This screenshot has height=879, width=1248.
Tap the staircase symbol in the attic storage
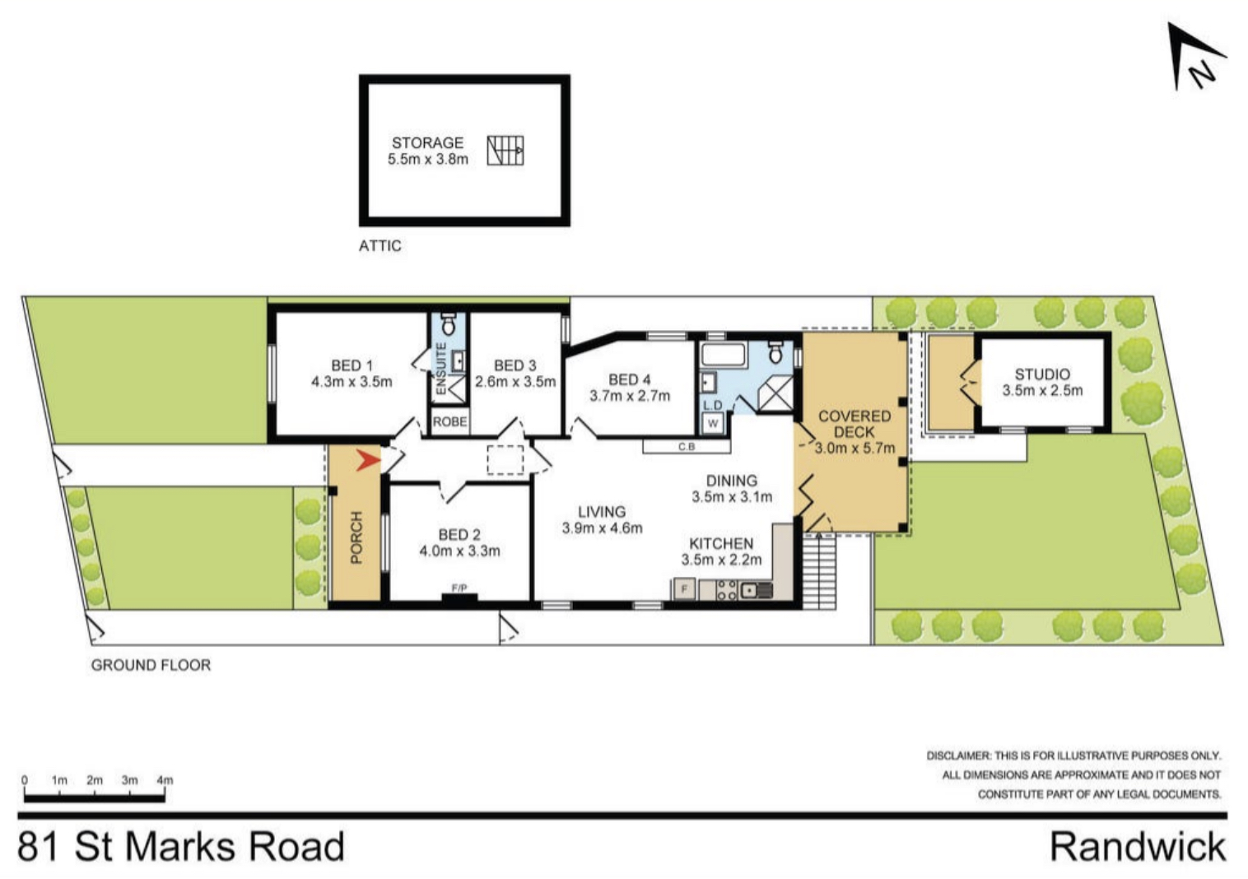click(x=505, y=151)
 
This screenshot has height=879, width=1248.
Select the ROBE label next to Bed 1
click(x=449, y=421)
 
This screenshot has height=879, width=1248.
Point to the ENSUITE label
click(x=440, y=369)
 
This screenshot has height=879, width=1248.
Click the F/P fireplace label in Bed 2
click(x=459, y=588)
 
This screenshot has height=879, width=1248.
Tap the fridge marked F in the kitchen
click(x=685, y=588)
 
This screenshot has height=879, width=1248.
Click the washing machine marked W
click(x=713, y=423)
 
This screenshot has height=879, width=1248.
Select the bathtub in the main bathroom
click(x=724, y=355)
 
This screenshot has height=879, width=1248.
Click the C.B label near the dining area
click(x=687, y=447)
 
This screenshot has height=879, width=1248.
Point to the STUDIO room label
click(x=1042, y=374)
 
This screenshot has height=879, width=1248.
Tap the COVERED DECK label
click(x=855, y=424)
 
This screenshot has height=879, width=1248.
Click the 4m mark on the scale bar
click(x=165, y=780)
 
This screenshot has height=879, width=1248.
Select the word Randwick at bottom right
click(x=1138, y=847)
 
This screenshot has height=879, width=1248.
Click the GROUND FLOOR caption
click(x=151, y=665)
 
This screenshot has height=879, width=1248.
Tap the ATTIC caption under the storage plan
click(x=380, y=245)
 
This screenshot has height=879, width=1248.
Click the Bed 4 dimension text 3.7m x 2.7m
click(x=630, y=396)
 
